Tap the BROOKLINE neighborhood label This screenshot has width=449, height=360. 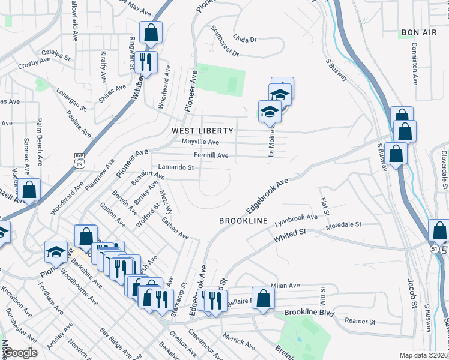243,221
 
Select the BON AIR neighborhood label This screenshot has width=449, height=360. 418,32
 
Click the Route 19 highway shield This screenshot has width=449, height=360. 79,160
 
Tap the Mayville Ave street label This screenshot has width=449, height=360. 200,142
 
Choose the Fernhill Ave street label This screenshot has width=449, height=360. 209,155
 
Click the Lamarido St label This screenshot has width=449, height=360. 176,167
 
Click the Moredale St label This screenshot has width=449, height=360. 343,226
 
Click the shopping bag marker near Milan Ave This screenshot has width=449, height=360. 262,299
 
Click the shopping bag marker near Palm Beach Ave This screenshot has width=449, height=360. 29,190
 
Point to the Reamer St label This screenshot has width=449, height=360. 360,322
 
